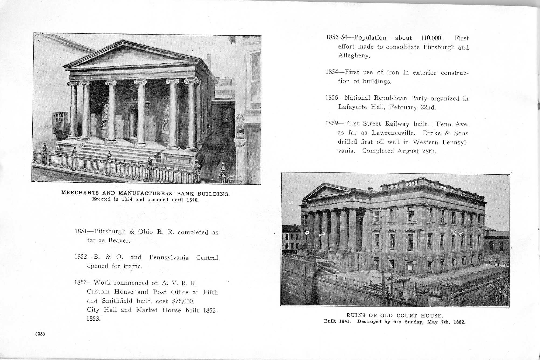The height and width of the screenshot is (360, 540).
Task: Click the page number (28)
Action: (40, 334)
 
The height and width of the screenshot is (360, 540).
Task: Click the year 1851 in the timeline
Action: (80, 231)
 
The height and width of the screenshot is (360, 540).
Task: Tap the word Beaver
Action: (119, 240)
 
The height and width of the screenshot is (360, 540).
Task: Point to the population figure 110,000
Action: (431, 38)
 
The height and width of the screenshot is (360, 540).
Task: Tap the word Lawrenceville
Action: (393, 133)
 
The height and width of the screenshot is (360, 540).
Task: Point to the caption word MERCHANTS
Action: (80, 193)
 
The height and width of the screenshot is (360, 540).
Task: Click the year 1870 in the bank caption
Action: (192, 200)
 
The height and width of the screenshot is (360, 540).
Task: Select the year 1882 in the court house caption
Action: (459, 322)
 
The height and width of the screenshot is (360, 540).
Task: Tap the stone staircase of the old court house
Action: (328, 267)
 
